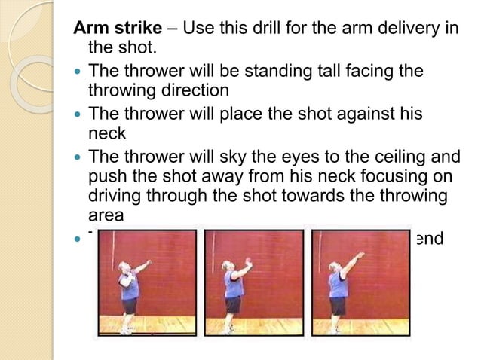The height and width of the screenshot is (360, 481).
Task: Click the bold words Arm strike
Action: tap(117, 29)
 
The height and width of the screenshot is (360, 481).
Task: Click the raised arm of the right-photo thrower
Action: tap(352, 264)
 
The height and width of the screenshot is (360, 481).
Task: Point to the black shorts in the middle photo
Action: tap(234, 304)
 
